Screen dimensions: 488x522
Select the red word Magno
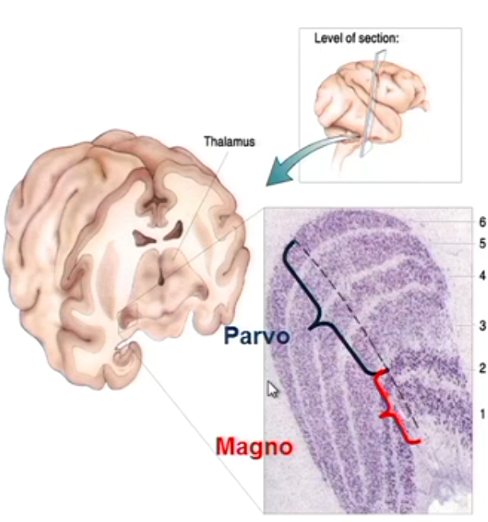[254, 447]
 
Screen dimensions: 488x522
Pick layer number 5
[479, 244]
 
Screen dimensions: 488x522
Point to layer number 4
[479, 276]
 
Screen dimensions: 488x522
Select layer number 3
[479, 326]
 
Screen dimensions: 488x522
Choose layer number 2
[479, 368]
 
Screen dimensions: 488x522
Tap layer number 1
[479, 413]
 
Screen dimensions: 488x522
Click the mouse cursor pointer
[273, 390]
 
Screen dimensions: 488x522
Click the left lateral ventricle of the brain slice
[144, 236]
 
